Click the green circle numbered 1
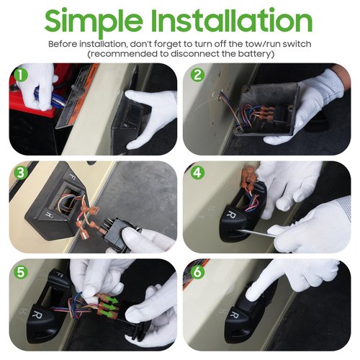(21, 75)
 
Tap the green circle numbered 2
(197, 75)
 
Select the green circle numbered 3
(21, 173)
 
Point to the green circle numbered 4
(197, 173)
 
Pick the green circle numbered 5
(21, 271)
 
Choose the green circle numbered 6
(197, 272)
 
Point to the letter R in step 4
(232, 214)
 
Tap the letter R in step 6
(234, 315)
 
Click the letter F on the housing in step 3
(72, 175)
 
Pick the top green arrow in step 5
(112, 300)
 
